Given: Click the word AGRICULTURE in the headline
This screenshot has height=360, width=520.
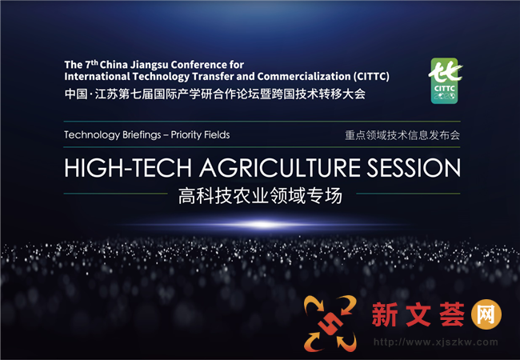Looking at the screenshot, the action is pyautogui.click(x=280, y=168).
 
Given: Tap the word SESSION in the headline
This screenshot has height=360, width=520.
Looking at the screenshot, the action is pyautogui.click(x=414, y=168).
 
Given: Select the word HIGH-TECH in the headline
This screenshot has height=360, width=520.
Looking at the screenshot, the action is pyautogui.click(x=128, y=168).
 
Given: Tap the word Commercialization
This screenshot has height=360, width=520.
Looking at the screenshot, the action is pyautogui.click(x=303, y=76).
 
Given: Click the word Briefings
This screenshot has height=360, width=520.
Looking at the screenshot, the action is pyautogui.click(x=142, y=135).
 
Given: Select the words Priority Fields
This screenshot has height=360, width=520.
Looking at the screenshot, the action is pyautogui.click(x=200, y=135).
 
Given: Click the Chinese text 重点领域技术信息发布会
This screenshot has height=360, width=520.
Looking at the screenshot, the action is pyautogui.click(x=402, y=135).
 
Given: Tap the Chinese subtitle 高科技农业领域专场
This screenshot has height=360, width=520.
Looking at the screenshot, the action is pyautogui.click(x=260, y=195).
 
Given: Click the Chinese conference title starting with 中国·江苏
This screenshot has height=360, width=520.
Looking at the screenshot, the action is pyautogui.click(x=215, y=94).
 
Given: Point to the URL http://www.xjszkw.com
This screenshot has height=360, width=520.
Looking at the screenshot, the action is pyautogui.click(x=436, y=342).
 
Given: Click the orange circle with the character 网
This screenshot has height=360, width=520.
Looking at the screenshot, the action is pyautogui.click(x=486, y=314).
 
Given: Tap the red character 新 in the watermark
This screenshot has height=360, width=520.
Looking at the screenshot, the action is pyautogui.click(x=385, y=314).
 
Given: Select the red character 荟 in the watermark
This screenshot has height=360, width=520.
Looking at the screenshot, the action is pyautogui.click(x=452, y=314).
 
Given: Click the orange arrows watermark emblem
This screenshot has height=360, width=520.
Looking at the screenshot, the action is pyautogui.click(x=330, y=323).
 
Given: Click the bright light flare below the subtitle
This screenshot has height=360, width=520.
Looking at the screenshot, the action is pyautogui.click(x=262, y=225).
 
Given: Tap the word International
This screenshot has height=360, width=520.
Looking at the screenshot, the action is pyautogui.click(x=97, y=77).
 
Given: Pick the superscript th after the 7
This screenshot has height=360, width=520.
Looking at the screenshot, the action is pyautogui.click(x=94, y=62).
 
